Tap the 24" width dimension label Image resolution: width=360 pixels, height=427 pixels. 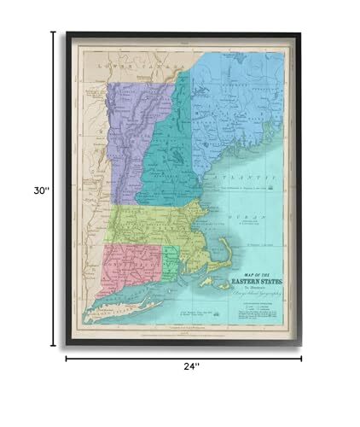tap(190, 366)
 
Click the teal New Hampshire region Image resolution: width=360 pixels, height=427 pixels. tap(175, 162)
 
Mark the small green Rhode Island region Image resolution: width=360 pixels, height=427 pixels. tap(171, 264)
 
